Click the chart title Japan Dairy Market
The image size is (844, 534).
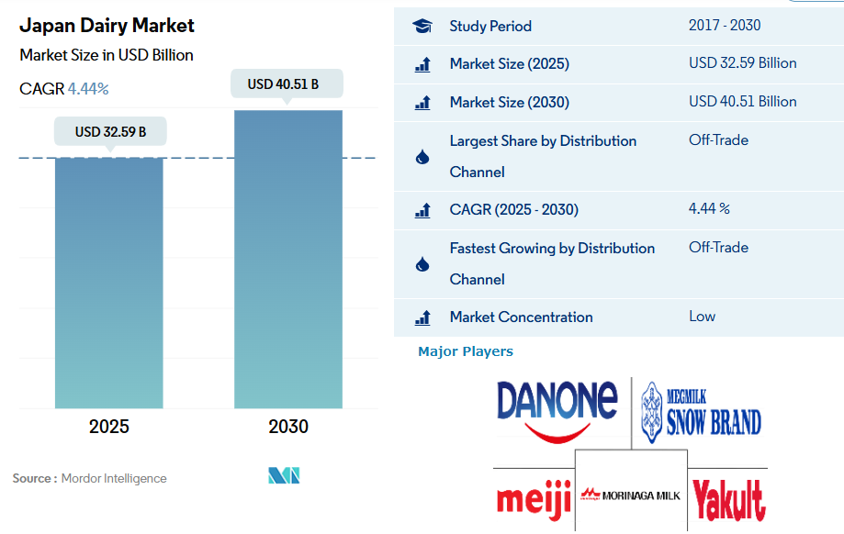point(107,26)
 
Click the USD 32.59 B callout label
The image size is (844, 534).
point(110,132)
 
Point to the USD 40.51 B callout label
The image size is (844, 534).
point(288,84)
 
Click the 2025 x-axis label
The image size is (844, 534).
point(109,427)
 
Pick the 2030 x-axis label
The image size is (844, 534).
point(288,427)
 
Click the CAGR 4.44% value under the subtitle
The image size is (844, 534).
point(88,89)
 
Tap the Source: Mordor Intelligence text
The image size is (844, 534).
point(90,478)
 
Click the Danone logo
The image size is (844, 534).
point(557,405)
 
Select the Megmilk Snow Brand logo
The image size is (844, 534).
point(701,408)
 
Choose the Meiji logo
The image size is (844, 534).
point(534,498)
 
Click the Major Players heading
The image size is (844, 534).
point(466,351)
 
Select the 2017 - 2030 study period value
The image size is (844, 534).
point(725,26)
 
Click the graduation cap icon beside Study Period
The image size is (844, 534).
point(422,27)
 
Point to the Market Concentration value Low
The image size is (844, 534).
point(702,317)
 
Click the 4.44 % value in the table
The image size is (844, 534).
point(709,209)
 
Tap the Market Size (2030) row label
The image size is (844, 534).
point(509,102)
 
